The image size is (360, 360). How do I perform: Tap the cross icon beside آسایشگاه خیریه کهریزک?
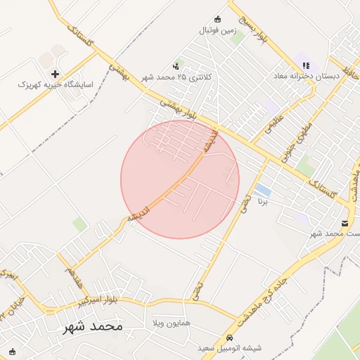click(56, 73)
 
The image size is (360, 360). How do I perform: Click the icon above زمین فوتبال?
click(217, 19)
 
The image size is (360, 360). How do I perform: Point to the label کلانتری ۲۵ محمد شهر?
click(181, 77)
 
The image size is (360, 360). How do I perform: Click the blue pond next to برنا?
click(263, 191)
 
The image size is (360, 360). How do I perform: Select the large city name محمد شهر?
click(92, 326)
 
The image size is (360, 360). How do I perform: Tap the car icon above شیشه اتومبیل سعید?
click(231, 337)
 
